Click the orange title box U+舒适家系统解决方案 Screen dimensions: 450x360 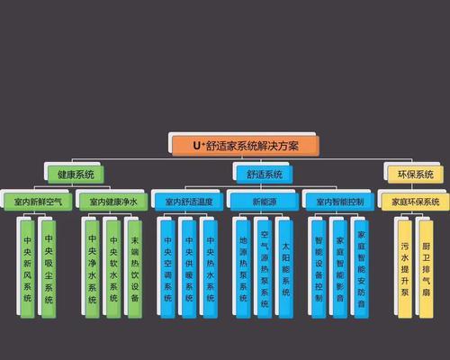pos(246,146)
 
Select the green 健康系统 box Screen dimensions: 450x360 pos(76,175)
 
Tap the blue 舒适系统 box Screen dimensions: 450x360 pos(265,175)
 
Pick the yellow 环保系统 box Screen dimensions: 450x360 pos(416,175)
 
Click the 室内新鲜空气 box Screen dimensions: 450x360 pos(38,202)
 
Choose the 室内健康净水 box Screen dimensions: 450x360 pos(113,202)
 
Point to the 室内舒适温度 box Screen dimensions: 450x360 pos(189,202)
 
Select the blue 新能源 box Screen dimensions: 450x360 pos(265,202)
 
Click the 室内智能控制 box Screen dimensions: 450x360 pos(340,202)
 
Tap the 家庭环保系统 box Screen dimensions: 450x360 pos(416,202)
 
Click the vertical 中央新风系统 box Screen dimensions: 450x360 pos(27,269)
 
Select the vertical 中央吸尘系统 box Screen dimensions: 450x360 pos(49,269)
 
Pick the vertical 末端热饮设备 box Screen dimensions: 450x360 pos(135,269)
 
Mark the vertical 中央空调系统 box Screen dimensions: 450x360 pos(167,269)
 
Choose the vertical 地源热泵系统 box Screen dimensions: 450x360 pos(243,269)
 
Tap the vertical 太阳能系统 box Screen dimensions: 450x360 pos(286,269)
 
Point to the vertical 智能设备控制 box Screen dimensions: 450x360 pos(319,269)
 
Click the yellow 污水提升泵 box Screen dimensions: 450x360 pos(405,269)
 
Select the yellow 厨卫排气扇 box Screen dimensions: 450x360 pos(427,269)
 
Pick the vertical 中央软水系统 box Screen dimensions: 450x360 pos(113,269)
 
